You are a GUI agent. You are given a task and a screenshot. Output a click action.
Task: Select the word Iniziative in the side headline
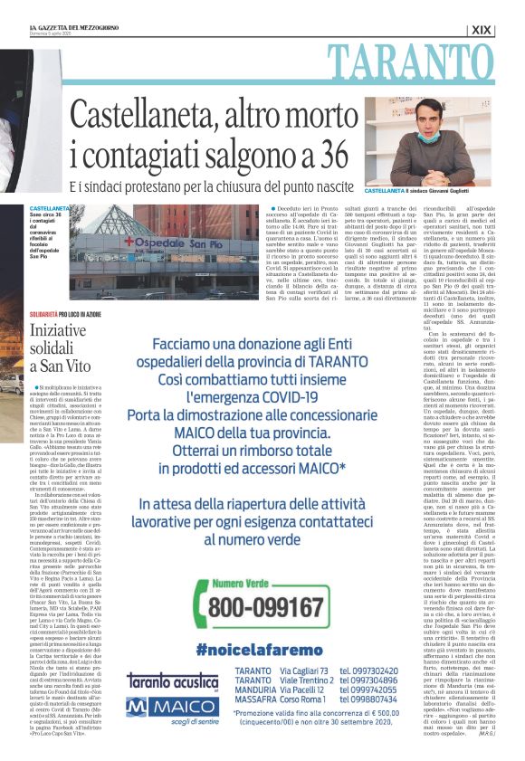[x=58, y=331]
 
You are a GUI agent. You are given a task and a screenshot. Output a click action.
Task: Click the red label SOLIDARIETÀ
[x=43, y=313]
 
